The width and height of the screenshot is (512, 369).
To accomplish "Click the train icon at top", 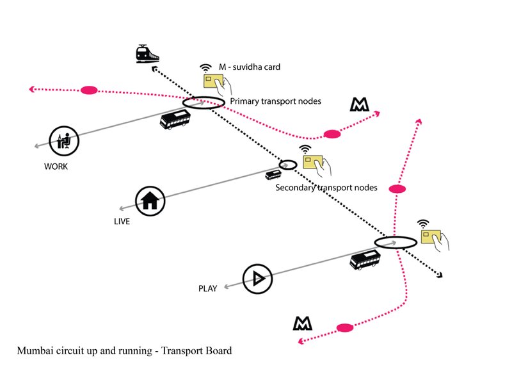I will pyautogui.click(x=147, y=54).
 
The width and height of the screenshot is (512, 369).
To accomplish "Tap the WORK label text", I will pyautogui.click(x=56, y=166).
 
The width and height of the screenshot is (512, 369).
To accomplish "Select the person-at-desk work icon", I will pyautogui.click(x=64, y=140).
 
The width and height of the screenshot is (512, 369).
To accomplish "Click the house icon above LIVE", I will pyautogui.click(x=150, y=201).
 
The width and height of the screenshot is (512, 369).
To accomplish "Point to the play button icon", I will pyautogui.click(x=257, y=278).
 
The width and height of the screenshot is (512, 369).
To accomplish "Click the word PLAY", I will pyautogui.click(x=207, y=289).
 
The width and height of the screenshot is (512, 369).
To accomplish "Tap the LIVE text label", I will pyautogui.click(x=120, y=222).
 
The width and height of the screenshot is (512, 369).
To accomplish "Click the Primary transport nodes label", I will pyautogui.click(x=275, y=101).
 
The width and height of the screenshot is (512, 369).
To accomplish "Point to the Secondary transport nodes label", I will pyautogui.click(x=326, y=188).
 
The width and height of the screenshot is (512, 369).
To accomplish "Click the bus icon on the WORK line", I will pyautogui.click(x=174, y=120).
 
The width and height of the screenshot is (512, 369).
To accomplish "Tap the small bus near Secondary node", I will pyautogui.click(x=273, y=175).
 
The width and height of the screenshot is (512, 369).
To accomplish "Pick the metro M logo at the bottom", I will pyautogui.click(x=303, y=323).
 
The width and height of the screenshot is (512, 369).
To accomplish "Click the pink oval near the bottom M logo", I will pyautogui.click(x=345, y=327).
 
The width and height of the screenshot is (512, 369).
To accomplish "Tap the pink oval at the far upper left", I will pyautogui.click(x=89, y=90).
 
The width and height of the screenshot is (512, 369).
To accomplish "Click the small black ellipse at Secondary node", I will pyautogui.click(x=288, y=165).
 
